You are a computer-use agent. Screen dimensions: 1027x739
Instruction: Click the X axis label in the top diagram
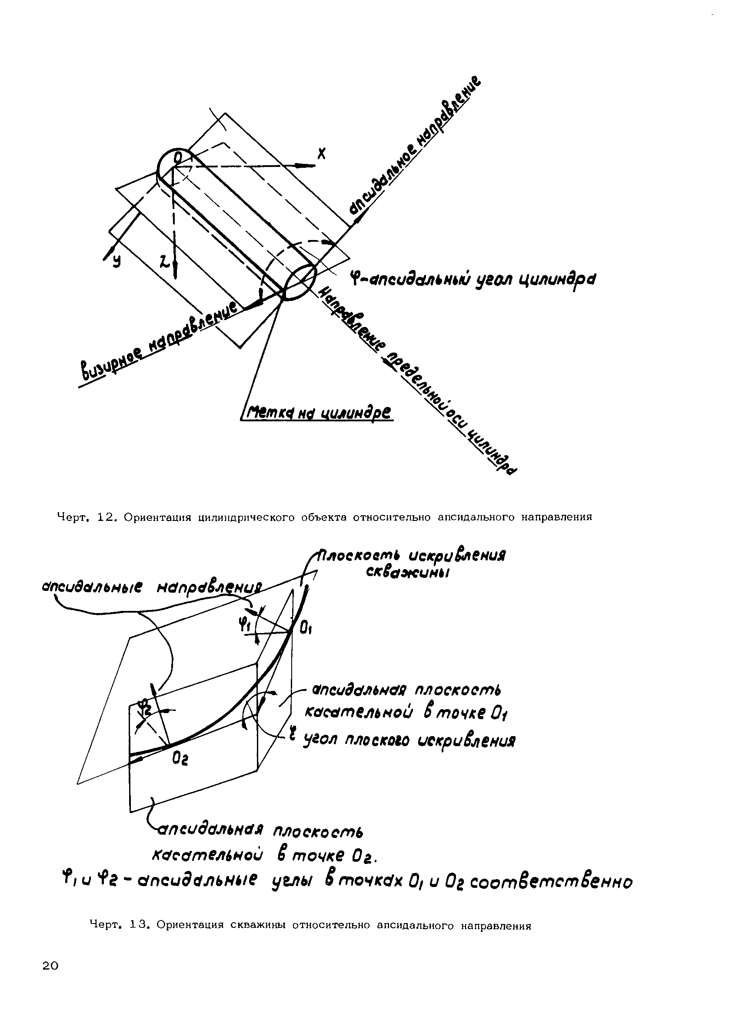[x=321, y=154]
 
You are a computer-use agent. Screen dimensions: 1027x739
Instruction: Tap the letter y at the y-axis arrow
[x=117, y=260]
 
